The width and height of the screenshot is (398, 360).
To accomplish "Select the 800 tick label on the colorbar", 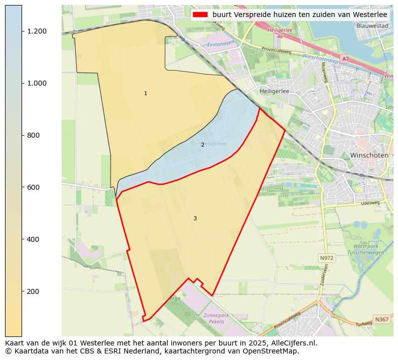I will click(34, 135).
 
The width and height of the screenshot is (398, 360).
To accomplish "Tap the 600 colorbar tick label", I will click(34, 187).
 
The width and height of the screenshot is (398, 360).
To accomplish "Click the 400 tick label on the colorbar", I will click(34, 239).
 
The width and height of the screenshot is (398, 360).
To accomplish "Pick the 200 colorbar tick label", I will click(34, 291).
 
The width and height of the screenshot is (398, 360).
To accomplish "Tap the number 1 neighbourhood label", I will click(145, 94).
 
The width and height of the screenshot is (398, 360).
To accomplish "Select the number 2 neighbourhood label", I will click(203, 145).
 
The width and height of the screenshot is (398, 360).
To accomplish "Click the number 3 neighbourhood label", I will click(195, 218).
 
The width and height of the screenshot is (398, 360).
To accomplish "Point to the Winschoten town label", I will click(369, 155).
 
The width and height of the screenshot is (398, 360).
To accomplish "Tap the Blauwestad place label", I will click(372, 26).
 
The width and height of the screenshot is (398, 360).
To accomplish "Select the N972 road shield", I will click(326, 258).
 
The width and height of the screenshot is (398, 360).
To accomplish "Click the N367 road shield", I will click(381, 319).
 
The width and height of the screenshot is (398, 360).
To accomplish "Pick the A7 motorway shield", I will click(345, 59).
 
